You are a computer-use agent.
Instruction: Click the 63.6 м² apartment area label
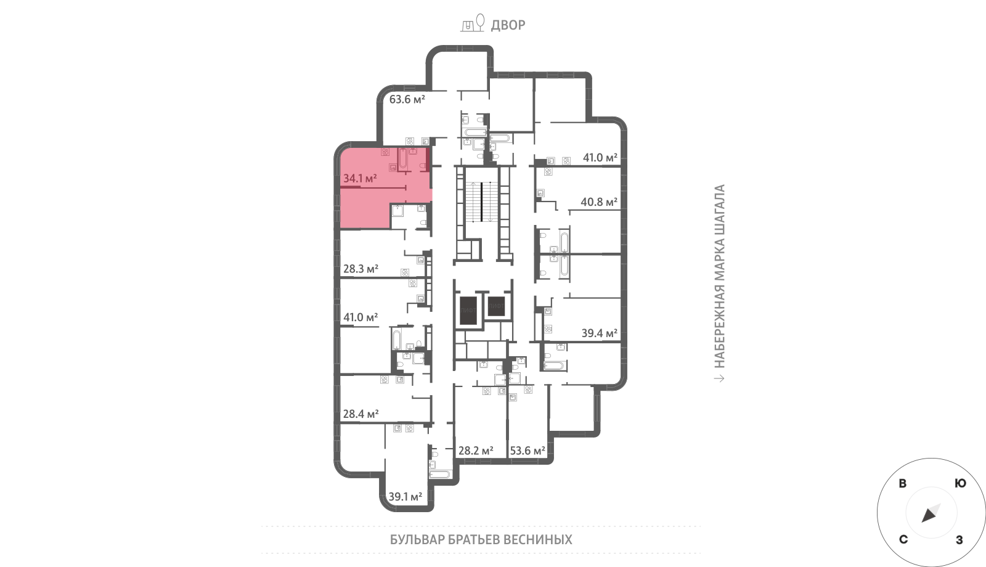tap(407, 99)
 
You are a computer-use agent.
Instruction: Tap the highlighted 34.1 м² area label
tap(360, 178)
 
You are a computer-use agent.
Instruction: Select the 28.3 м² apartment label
tap(361, 269)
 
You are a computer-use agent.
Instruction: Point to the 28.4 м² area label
tap(361, 414)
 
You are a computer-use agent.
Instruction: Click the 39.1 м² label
tap(405, 497)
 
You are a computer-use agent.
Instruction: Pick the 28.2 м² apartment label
tap(476, 451)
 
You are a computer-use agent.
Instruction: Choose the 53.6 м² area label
tap(528, 451)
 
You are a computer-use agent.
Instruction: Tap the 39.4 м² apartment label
tap(600, 333)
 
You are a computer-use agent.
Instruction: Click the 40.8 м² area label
tap(599, 202)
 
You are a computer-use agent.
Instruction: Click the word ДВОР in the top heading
tap(508, 25)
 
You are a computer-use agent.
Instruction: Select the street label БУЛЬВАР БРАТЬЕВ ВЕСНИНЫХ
tap(481, 540)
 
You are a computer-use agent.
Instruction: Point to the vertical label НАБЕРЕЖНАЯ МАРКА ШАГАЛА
tap(719, 276)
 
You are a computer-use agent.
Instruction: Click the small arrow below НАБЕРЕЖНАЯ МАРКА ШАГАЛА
tap(719, 378)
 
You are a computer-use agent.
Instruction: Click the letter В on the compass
tap(902, 483)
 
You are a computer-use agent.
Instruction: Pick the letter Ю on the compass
tap(961, 483)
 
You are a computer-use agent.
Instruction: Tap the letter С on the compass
tap(903, 540)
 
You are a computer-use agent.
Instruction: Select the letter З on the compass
tap(960, 540)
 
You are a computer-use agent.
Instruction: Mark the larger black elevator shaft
tap(468, 311)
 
